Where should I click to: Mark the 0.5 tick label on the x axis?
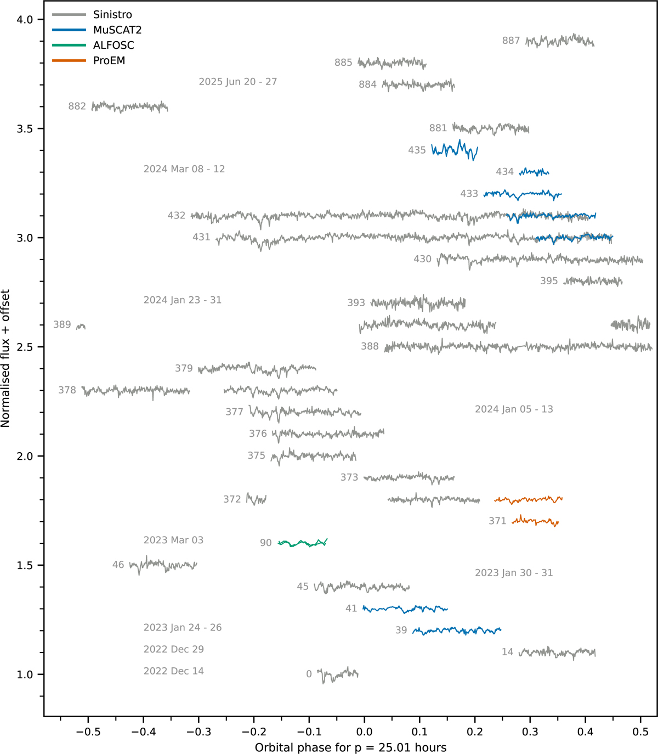640,732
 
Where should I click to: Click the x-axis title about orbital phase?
350,747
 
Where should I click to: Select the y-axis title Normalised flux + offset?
6,358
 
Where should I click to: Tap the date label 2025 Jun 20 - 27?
237,82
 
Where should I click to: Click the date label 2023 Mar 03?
173,541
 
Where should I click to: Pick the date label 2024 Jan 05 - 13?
514,409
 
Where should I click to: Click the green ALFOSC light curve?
303,543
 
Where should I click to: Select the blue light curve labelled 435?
455,150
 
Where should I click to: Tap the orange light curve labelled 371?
535,521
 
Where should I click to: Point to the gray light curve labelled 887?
559,41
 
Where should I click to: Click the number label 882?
77,106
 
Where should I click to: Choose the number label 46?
118,565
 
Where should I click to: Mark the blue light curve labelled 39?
457,631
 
